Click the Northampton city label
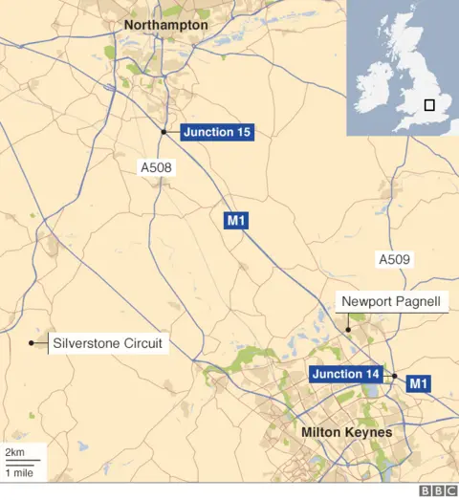pos(165,24)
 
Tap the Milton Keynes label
pos(346,432)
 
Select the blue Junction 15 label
pos(218,132)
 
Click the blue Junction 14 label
pos(345,374)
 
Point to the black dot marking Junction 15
pos(164,132)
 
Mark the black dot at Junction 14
pos(394,377)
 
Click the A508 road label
pos(157,168)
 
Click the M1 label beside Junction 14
pos(419,383)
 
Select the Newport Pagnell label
pos(395,303)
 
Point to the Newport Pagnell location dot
pos(349,330)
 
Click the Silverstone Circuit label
pos(108,343)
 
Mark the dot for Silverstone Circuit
pos(32,343)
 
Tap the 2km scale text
pos(14,451)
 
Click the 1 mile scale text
pos(19,472)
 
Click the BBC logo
pos(437,490)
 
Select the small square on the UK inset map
pos(429,105)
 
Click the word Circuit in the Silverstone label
pos(142,343)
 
